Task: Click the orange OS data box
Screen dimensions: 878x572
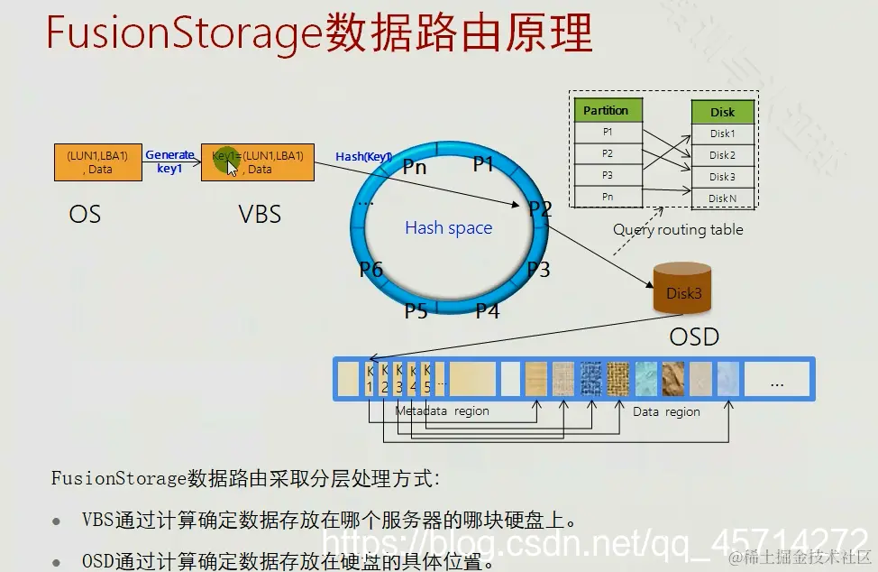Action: click(97, 162)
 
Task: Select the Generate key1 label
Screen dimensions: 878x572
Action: click(169, 161)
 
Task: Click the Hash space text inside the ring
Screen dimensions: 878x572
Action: click(448, 227)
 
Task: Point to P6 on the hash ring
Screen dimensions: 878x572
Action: click(371, 269)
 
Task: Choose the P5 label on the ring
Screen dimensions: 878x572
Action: click(415, 311)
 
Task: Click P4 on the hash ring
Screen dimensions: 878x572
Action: click(488, 311)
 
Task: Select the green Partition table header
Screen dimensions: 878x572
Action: click(608, 111)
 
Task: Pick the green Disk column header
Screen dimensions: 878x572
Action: click(722, 112)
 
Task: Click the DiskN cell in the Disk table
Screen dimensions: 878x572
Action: click(722, 198)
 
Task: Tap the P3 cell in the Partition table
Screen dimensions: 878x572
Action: click(608, 175)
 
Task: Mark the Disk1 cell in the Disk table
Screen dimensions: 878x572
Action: click(722, 134)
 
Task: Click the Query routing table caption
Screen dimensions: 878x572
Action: click(678, 229)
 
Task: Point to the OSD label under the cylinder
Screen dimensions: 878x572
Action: click(694, 337)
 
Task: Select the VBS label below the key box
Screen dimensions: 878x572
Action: click(260, 214)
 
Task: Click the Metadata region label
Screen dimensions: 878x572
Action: click(442, 411)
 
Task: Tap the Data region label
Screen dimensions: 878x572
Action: click(666, 411)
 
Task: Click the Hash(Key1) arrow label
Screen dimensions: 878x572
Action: click(362, 157)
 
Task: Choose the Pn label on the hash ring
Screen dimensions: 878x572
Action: click(415, 166)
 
